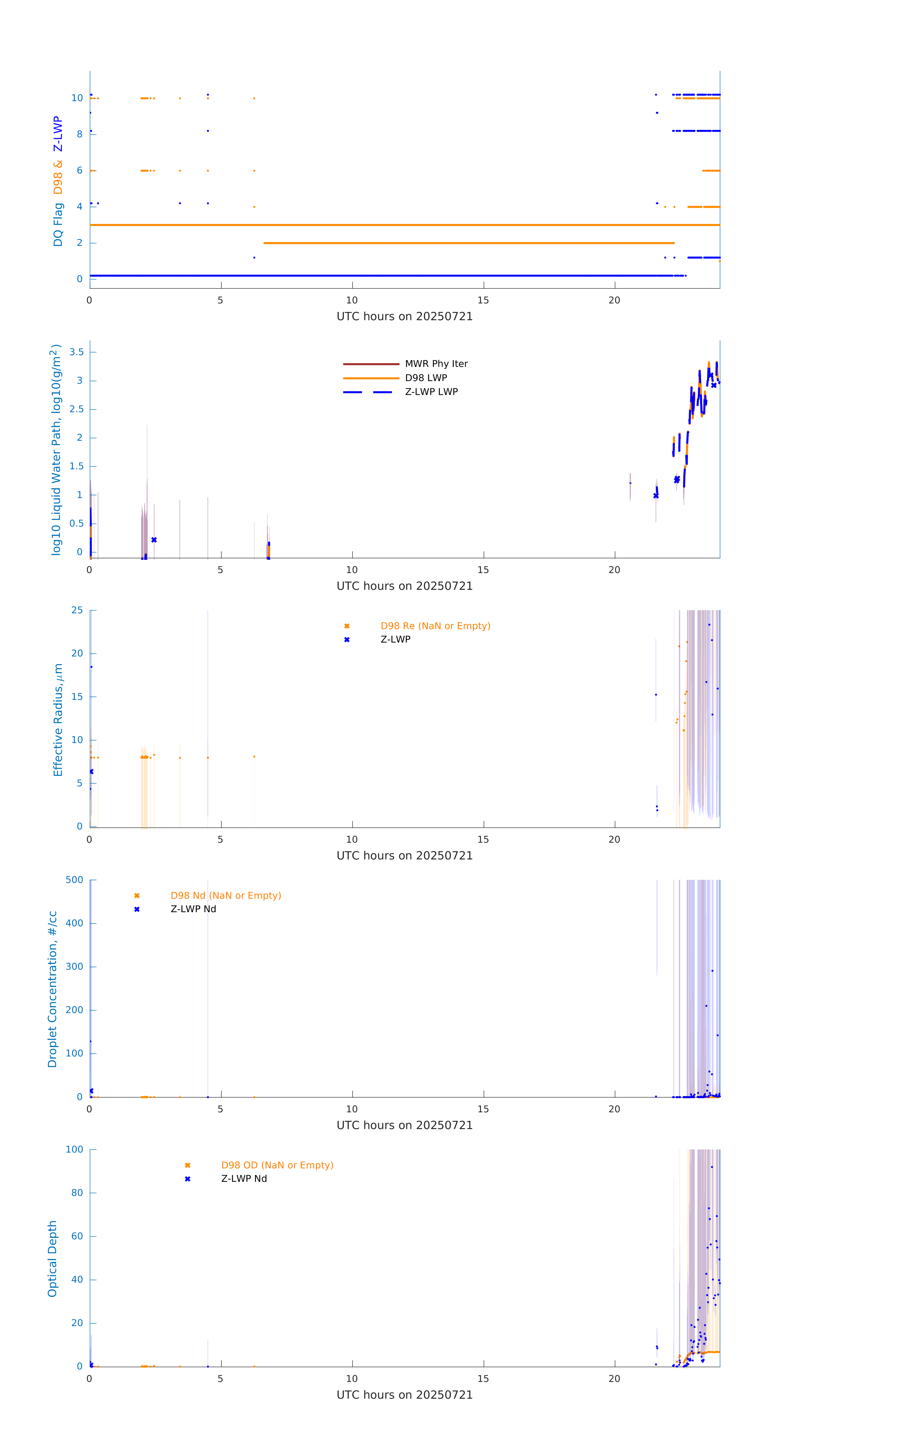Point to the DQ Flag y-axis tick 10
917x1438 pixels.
pyautogui.click(x=77, y=98)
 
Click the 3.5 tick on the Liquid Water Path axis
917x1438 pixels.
pyautogui.click(x=76, y=352)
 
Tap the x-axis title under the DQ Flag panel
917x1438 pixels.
pyautogui.click(x=404, y=317)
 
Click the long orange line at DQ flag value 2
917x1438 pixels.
pyautogui.click(x=469, y=243)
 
